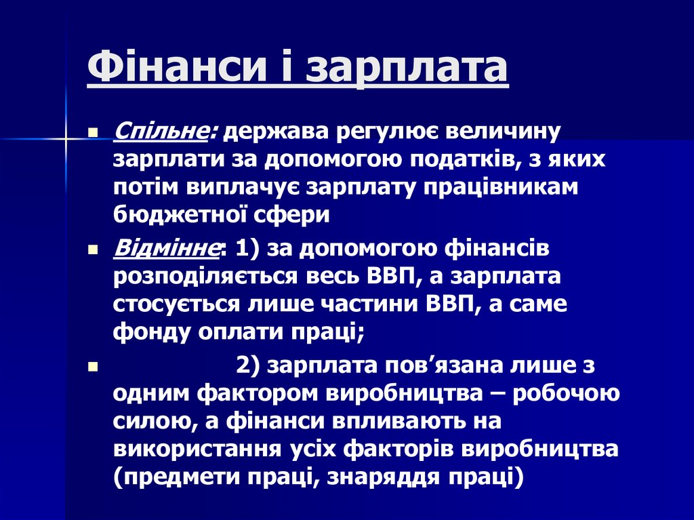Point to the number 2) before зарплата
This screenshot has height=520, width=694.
[249, 365]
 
